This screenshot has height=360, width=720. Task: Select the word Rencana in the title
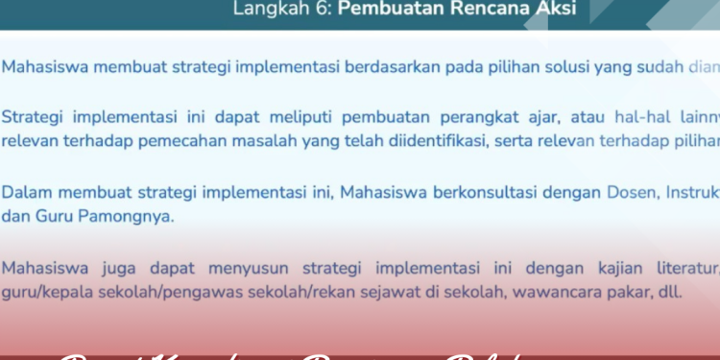(484, 10)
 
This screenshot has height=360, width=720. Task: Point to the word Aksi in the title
(558, 10)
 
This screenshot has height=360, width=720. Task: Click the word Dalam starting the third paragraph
(28, 194)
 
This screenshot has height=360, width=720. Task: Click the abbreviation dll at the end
(670, 291)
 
